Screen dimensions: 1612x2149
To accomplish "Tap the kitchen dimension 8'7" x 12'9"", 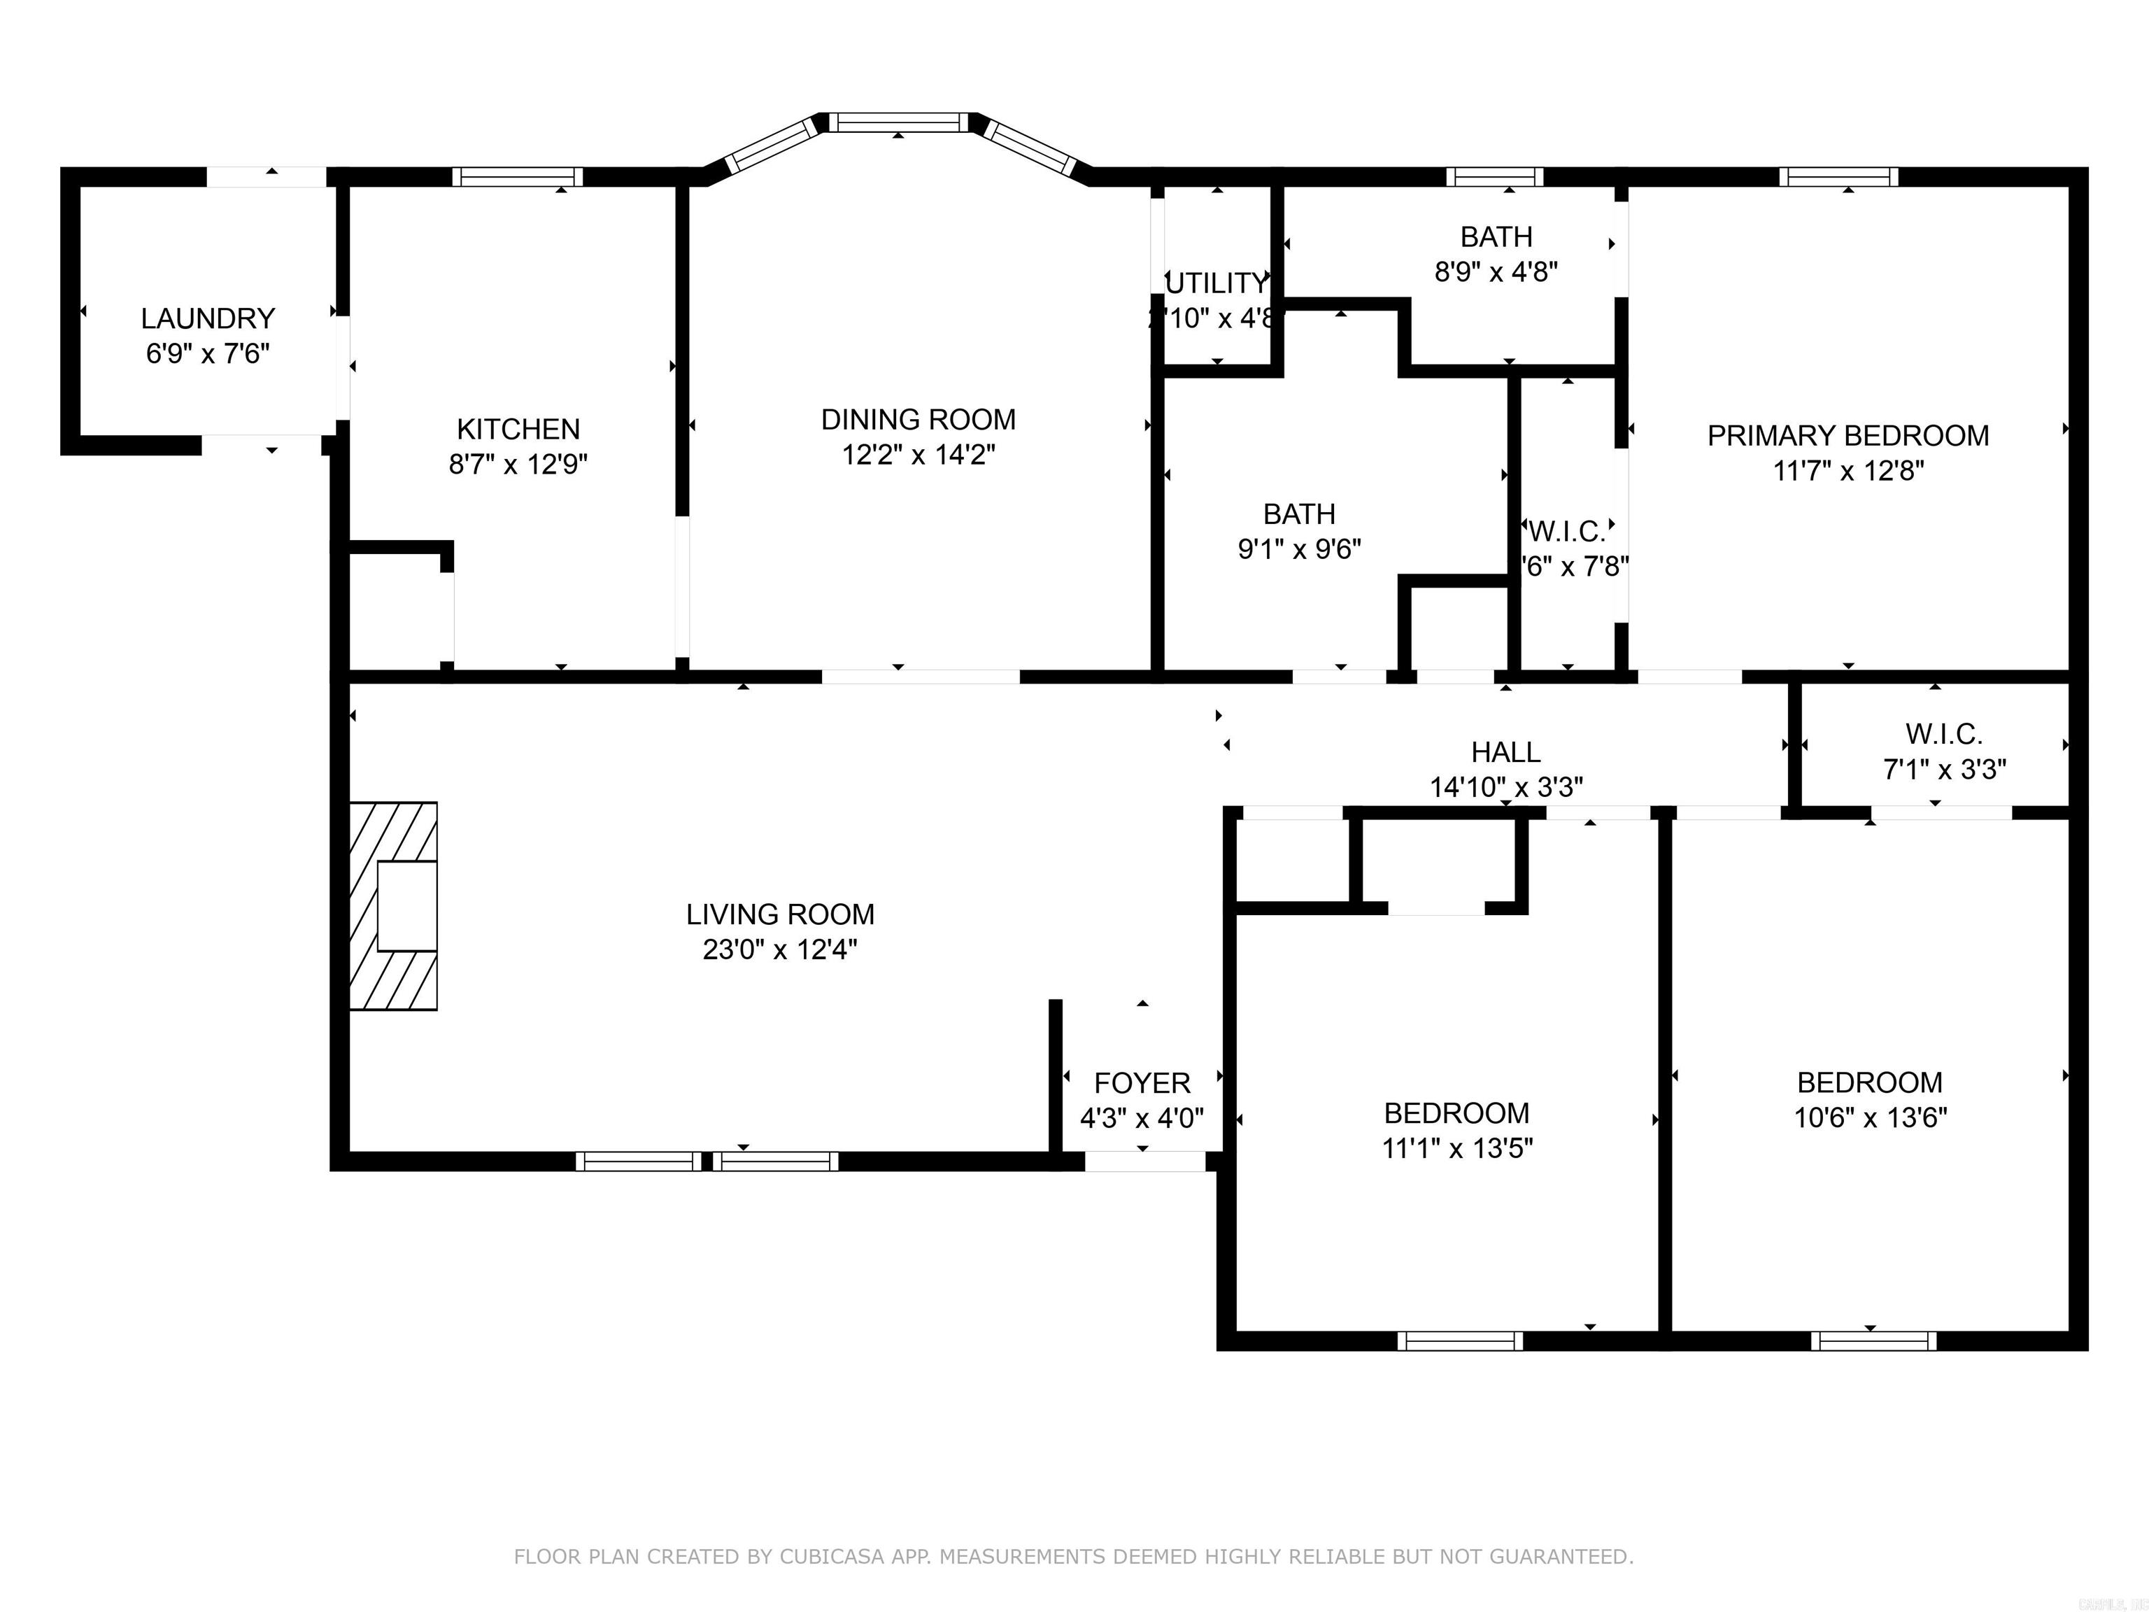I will [x=518, y=465].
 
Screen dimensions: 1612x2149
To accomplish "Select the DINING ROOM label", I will [x=918, y=420].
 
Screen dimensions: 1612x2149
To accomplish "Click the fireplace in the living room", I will [x=393, y=905].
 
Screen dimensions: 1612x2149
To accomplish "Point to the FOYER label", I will [x=1142, y=1082].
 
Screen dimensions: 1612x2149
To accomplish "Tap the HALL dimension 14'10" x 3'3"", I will [x=1506, y=787].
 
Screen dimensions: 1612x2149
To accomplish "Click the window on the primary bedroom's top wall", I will [x=1838, y=177].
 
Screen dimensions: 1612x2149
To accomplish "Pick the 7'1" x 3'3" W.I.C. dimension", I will [x=1944, y=770].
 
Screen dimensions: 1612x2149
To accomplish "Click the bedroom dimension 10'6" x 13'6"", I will [x=1870, y=1117].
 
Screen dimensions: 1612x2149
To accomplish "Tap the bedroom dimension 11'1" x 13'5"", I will [x=1457, y=1149].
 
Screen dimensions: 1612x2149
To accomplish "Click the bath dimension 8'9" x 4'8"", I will [x=1496, y=272].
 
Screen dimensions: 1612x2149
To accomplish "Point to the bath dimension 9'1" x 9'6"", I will [x=1299, y=549].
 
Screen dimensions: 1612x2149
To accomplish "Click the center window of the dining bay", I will [x=899, y=122].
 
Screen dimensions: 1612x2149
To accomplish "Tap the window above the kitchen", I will [x=518, y=177].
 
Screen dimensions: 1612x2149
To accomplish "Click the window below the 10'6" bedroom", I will [x=1873, y=1341].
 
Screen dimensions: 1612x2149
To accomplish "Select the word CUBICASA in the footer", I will [x=832, y=1557].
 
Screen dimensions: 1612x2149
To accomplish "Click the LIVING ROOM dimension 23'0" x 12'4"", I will [x=780, y=949].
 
